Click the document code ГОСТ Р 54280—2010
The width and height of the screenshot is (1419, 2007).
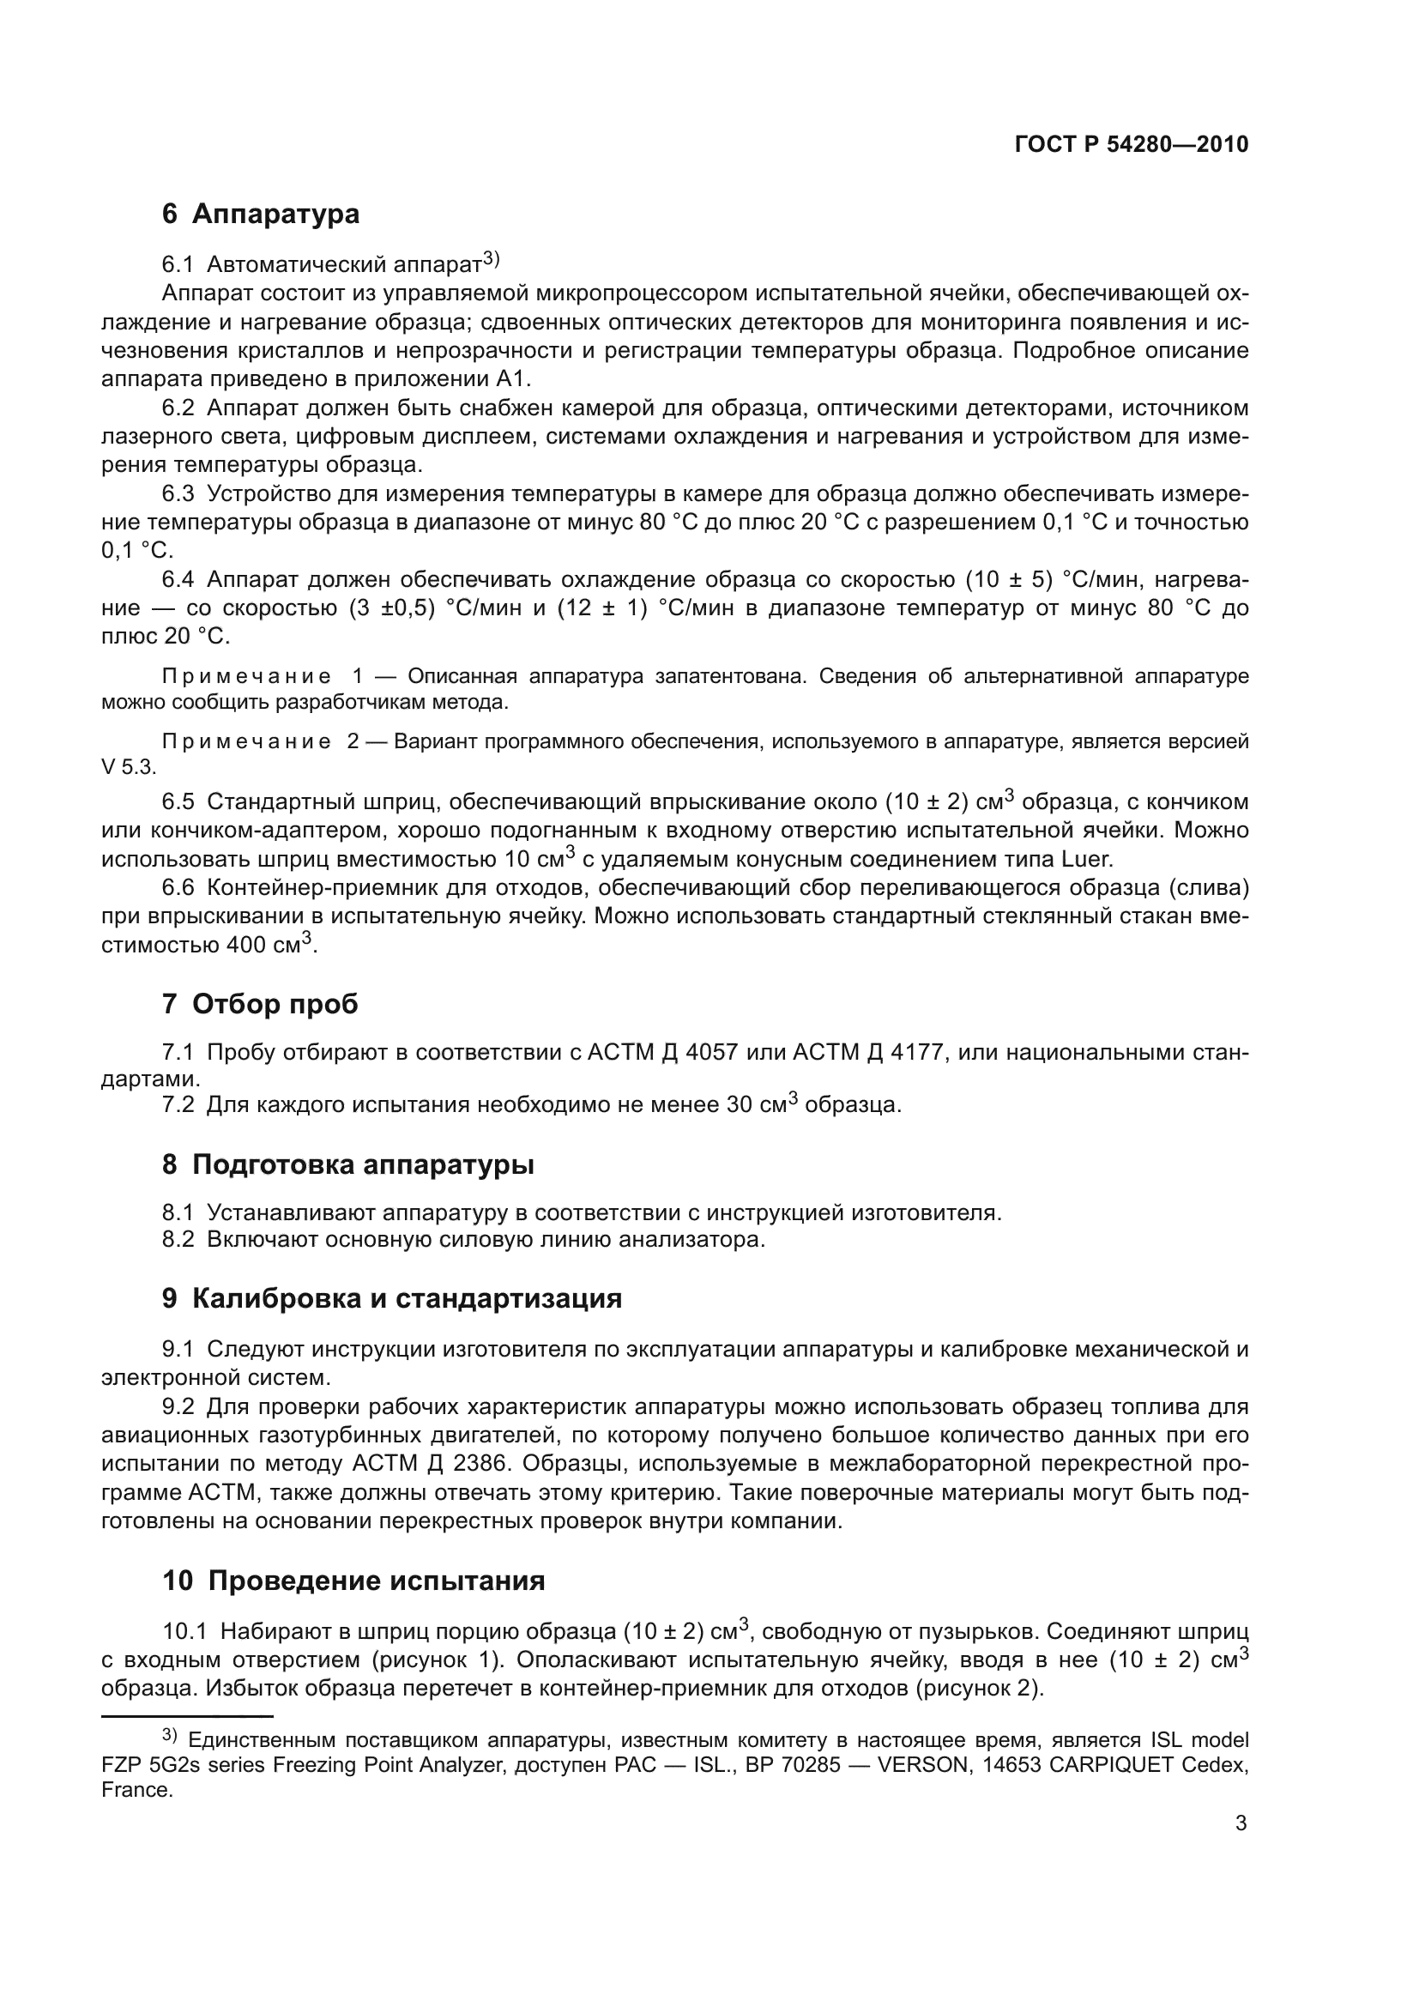(1131, 145)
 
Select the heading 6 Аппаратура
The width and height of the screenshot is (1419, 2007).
(261, 215)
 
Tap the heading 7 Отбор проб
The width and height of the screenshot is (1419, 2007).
(259, 1005)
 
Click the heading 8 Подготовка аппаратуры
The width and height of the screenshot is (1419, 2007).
(347, 1164)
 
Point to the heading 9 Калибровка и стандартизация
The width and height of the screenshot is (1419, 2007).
(391, 1299)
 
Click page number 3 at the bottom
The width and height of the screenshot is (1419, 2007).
(1241, 1823)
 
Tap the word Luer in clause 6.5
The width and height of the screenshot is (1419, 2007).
(1086, 859)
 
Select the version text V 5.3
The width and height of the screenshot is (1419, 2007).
(128, 767)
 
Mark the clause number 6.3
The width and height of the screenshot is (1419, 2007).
(178, 494)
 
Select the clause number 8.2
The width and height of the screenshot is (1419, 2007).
(178, 1240)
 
